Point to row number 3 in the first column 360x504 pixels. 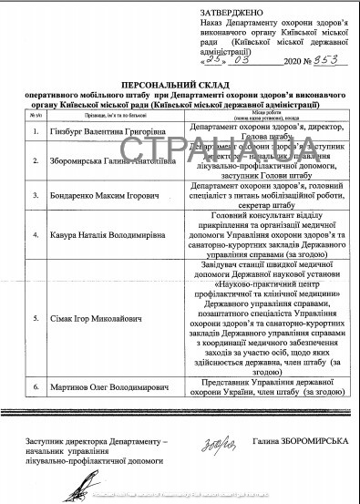[x=33, y=197]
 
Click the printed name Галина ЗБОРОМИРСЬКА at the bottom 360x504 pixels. [x=299, y=443]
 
